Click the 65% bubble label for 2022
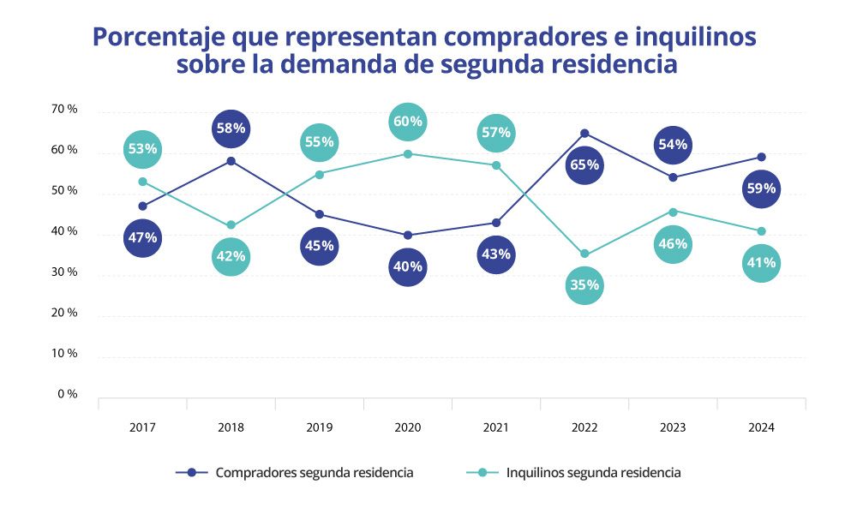pyautogui.click(x=584, y=164)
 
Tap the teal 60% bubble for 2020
pyautogui.click(x=407, y=122)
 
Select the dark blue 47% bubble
pyautogui.click(x=142, y=237)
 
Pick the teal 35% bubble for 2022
pyautogui.click(x=584, y=285)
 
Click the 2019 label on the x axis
pyautogui.click(x=319, y=427)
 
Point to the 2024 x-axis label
pyautogui.click(x=761, y=427)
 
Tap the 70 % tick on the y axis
pyautogui.click(x=65, y=109)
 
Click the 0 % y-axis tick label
pyautogui.click(x=69, y=394)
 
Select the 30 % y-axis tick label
pyautogui.click(x=65, y=272)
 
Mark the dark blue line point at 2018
pyautogui.click(x=231, y=161)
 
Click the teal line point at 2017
pyautogui.click(x=142, y=182)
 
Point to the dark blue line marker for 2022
pyautogui.click(x=584, y=133)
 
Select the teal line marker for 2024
pyautogui.click(x=761, y=230)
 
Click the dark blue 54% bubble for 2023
pyautogui.click(x=673, y=144)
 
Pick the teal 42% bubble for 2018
pyautogui.click(x=231, y=255)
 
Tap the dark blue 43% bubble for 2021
pyautogui.click(x=496, y=254)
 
